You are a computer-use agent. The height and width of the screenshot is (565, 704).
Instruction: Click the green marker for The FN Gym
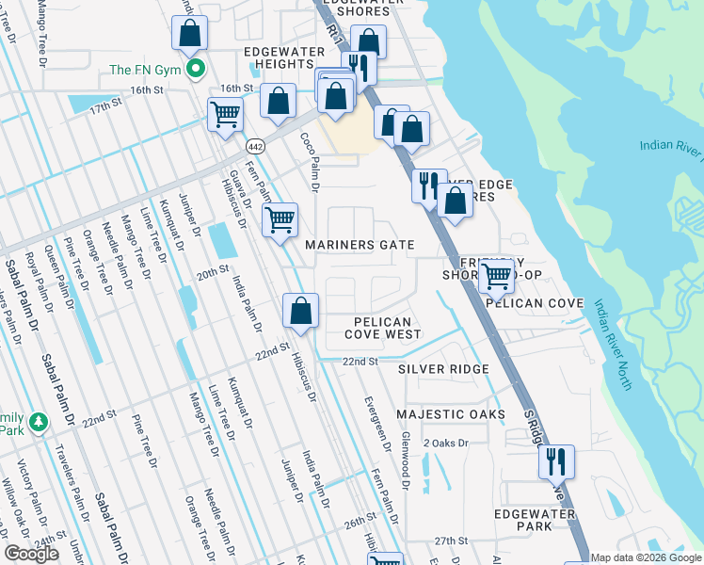tap(197, 69)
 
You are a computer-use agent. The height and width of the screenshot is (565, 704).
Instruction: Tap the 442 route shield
tap(255, 146)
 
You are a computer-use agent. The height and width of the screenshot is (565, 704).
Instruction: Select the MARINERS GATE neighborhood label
tap(360, 245)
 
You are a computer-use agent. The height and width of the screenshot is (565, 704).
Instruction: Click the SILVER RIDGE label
tap(443, 369)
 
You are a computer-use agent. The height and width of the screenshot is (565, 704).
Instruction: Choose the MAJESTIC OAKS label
tap(451, 414)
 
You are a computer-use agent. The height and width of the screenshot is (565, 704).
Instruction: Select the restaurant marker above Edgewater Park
tap(556, 461)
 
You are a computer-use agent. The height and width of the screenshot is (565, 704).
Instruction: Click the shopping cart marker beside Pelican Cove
tap(495, 276)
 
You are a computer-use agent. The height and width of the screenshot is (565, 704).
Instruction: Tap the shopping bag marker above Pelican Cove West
tap(301, 310)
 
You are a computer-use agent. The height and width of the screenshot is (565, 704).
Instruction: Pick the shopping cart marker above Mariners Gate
tap(280, 220)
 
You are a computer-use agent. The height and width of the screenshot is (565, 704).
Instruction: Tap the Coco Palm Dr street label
tap(309, 162)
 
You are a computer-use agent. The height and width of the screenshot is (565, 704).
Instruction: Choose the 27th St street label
tap(451, 541)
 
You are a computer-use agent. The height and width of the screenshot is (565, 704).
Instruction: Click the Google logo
tap(32, 554)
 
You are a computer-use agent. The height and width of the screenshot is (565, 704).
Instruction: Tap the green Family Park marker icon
tap(38, 420)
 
